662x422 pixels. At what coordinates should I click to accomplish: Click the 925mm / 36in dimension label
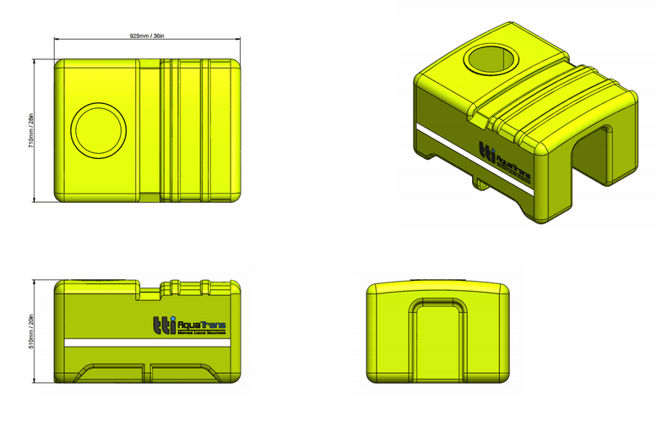pyautogui.click(x=148, y=36)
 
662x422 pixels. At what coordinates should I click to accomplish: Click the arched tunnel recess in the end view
pyautogui.click(x=437, y=343)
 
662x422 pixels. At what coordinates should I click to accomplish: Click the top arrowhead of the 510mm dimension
pyautogui.click(x=35, y=280)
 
